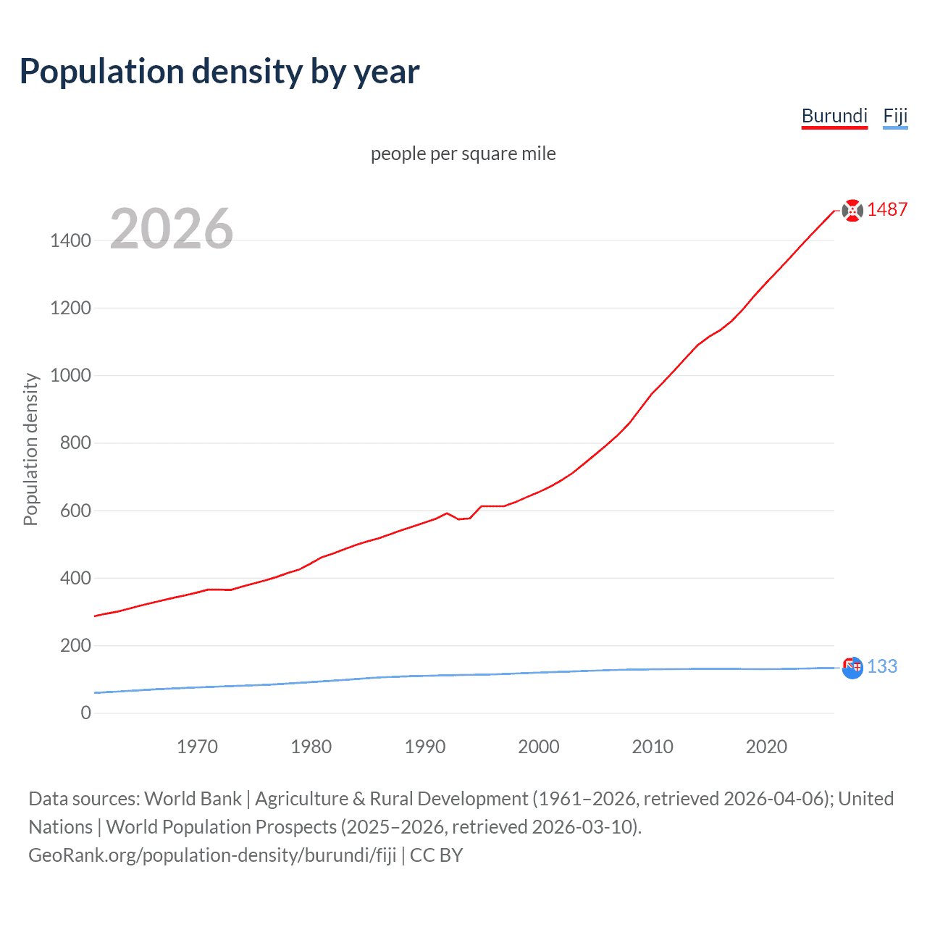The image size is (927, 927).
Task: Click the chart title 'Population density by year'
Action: [x=219, y=72]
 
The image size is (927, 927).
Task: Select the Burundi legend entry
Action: [x=834, y=117]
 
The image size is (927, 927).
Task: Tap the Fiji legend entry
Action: [x=895, y=117]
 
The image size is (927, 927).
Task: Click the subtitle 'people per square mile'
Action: [x=463, y=154]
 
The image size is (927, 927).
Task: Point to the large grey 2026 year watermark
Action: [x=172, y=229]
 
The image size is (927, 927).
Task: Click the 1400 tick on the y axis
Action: [x=71, y=240]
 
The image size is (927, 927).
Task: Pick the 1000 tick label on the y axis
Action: [x=71, y=375]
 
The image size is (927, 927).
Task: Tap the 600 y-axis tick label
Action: [x=75, y=511]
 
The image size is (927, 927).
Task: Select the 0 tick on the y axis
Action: [x=86, y=713]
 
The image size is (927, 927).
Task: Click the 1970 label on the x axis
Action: [x=197, y=747]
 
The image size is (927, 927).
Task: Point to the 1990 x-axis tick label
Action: [x=425, y=747]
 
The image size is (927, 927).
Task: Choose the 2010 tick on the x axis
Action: [x=653, y=747]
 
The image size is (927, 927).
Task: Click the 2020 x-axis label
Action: [x=766, y=747]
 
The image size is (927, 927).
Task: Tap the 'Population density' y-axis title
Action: [x=30, y=449]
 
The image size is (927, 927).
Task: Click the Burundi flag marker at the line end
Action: [x=852, y=210]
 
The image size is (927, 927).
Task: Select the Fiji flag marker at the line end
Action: [x=852, y=667]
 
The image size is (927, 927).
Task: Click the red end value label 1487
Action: [x=887, y=210]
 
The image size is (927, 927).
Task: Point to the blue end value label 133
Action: [x=882, y=667]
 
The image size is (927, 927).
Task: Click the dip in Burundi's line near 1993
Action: [x=459, y=519]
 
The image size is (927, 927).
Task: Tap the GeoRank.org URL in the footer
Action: [x=212, y=855]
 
